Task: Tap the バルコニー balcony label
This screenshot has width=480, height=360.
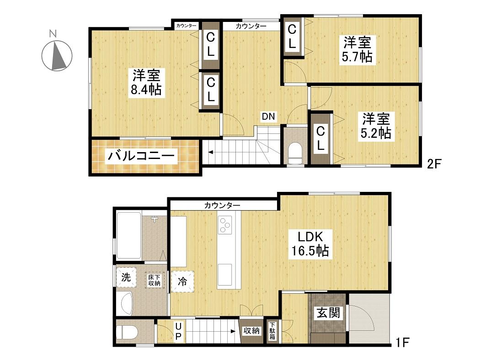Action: pyautogui.click(x=141, y=156)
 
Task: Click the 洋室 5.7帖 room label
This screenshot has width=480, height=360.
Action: pyautogui.click(x=357, y=49)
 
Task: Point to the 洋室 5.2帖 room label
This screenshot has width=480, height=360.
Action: pyautogui.click(x=376, y=126)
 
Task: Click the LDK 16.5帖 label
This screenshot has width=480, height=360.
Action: pyautogui.click(x=310, y=244)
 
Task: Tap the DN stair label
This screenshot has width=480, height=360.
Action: pyautogui.click(x=268, y=116)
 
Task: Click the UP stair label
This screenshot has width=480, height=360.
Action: pyautogui.click(x=178, y=332)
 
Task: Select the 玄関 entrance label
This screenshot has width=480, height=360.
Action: pyautogui.click(x=328, y=313)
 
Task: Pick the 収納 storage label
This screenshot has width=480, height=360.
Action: pyautogui.click(x=251, y=330)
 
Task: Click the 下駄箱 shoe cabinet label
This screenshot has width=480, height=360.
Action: pyautogui.click(x=272, y=331)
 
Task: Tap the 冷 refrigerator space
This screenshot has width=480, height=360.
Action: pyautogui.click(x=183, y=281)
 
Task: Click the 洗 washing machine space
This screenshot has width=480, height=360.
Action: pyautogui.click(x=126, y=277)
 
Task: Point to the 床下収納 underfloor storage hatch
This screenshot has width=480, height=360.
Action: pyautogui.click(x=155, y=280)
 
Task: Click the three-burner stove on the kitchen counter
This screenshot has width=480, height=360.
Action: pyautogui.click(x=225, y=224)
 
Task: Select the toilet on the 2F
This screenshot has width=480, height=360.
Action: pyautogui.click(x=295, y=153)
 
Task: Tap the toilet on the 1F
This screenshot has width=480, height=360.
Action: pyautogui.click(x=128, y=332)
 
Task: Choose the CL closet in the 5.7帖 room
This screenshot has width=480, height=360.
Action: pyautogui.click(x=293, y=37)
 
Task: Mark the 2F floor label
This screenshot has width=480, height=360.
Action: pyautogui.click(x=434, y=164)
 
